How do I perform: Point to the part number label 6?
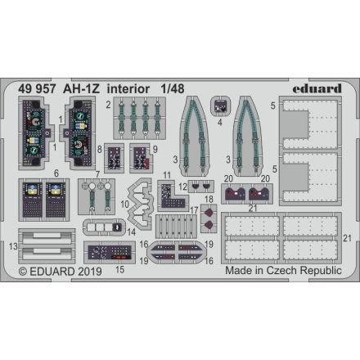click(x=34, y=173)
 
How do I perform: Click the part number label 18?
click(x=209, y=198)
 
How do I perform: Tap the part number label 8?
click(x=99, y=150)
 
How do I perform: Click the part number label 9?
click(x=155, y=150)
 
